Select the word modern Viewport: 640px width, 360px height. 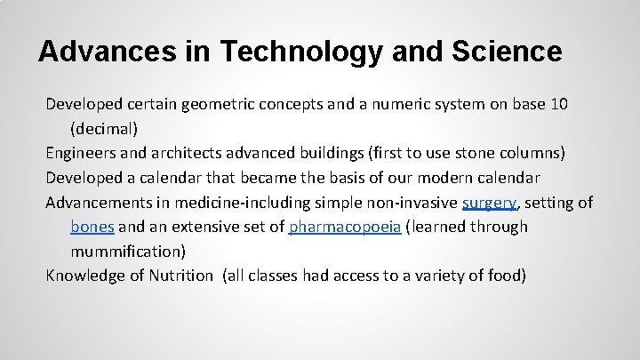coord(436,177)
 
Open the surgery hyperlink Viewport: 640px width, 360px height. coord(489,202)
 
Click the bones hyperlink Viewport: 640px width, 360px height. coord(92,227)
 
